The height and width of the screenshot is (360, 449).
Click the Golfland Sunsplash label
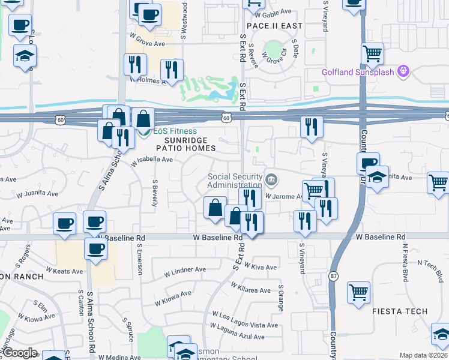(x=357, y=73)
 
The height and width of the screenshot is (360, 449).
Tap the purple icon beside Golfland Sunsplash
(x=403, y=72)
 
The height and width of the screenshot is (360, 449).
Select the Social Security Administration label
(x=235, y=181)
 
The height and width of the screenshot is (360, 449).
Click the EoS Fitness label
(x=175, y=131)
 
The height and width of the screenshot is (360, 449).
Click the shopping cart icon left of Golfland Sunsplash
(x=373, y=55)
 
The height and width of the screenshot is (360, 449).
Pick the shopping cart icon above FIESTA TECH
(x=359, y=293)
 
